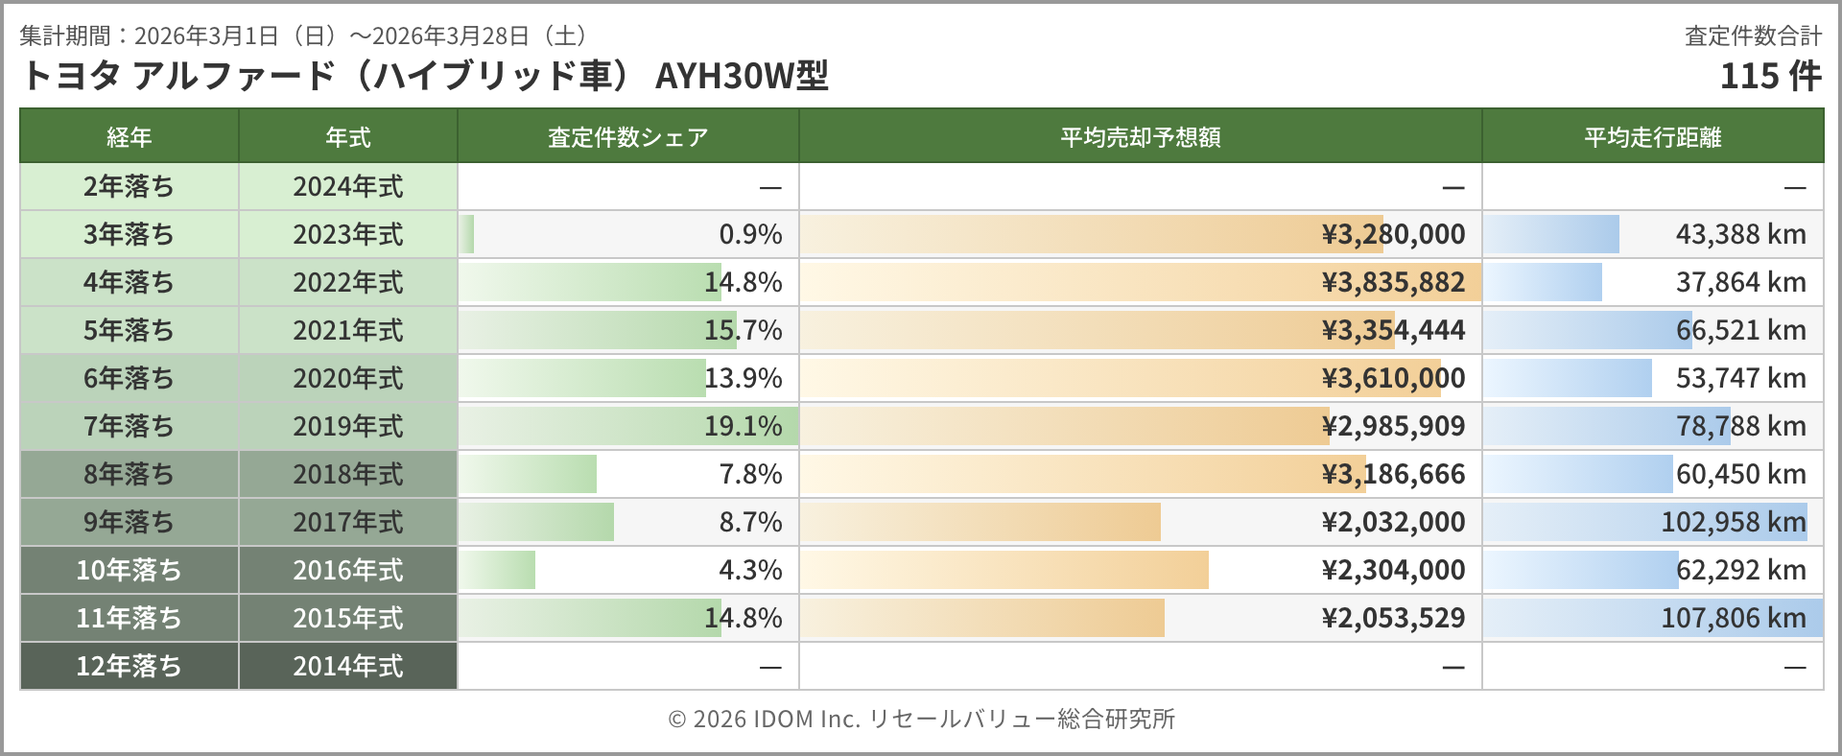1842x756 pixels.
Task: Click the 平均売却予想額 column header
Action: (1140, 137)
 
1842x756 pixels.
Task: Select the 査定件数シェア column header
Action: (627, 137)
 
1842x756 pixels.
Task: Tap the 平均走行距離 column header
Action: (1652, 137)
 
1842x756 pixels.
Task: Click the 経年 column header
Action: (129, 137)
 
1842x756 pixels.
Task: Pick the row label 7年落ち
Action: (129, 426)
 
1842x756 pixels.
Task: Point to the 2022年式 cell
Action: (347, 282)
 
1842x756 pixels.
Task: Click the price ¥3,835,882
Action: (1393, 282)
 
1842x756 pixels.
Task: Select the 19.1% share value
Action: (743, 426)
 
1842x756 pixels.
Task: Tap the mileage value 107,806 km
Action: (1733, 618)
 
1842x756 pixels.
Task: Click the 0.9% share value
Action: (750, 234)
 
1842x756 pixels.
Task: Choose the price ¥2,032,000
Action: (1393, 522)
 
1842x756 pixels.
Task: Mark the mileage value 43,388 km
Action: (1740, 234)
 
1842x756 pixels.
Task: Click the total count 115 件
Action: (1770, 76)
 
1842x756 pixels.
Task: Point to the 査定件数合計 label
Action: (1753, 36)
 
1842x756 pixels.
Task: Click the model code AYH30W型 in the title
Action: (742, 76)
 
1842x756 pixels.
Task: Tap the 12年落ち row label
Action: (129, 666)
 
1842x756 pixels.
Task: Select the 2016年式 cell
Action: (347, 570)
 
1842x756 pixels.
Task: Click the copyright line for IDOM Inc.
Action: (921, 719)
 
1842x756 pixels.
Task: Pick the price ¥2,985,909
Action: (1393, 426)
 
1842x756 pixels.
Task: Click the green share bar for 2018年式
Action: (528, 474)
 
